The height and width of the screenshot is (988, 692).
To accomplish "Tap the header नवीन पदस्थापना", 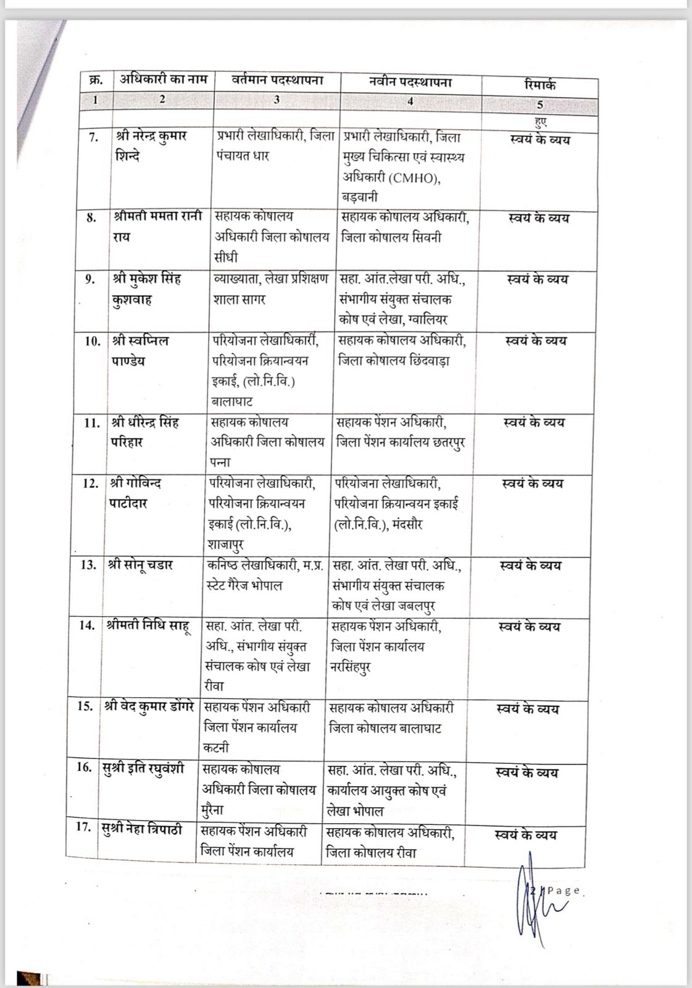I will [411, 82].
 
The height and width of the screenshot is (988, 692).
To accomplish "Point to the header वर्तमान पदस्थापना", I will [277, 80].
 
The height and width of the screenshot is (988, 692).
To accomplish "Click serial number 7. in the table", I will [93, 137].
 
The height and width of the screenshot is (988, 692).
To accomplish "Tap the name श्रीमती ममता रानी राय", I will [157, 226].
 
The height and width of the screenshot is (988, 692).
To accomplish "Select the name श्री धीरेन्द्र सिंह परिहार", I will [145, 432].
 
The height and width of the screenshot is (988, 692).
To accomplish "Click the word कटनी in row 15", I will [217, 748].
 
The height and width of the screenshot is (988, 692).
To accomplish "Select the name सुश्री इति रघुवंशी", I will [143, 769].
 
